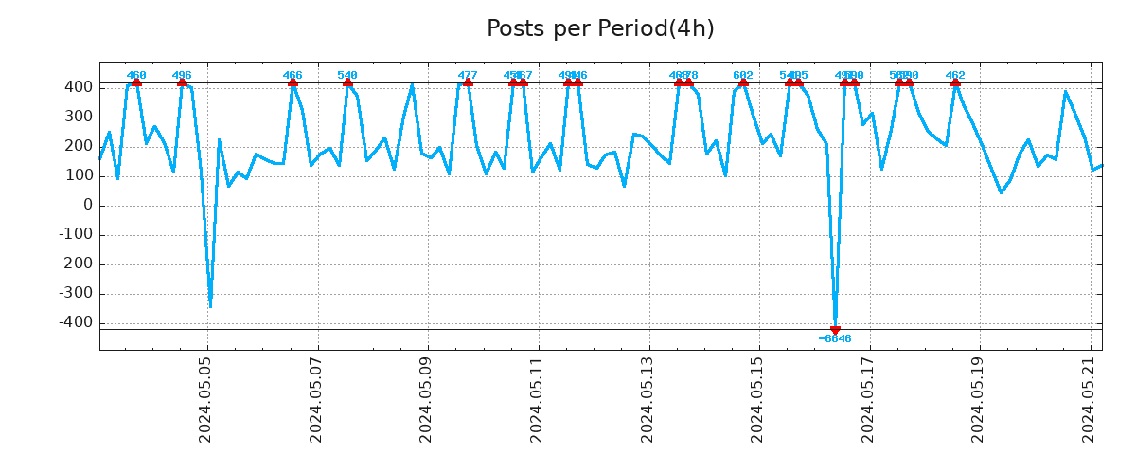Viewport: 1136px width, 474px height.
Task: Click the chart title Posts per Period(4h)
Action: coord(600,29)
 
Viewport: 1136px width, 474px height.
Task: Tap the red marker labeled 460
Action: coord(136,83)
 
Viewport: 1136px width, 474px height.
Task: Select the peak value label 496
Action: coord(182,76)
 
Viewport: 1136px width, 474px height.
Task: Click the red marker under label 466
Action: coord(293,83)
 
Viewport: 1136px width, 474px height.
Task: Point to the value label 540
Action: coord(347,76)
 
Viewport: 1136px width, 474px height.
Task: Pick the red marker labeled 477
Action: coord(468,83)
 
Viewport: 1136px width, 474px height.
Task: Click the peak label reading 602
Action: coord(743,76)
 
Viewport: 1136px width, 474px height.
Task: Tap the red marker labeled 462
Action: coord(955,83)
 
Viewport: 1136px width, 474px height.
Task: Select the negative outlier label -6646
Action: coord(835,339)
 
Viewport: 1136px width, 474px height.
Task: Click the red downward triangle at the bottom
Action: coord(835,330)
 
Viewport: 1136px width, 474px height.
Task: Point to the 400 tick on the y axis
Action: coord(80,87)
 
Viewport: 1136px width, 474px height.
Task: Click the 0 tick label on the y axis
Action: coord(88,205)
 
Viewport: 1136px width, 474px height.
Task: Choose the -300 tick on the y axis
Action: coord(76,294)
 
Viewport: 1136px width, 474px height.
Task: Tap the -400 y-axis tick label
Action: coord(76,323)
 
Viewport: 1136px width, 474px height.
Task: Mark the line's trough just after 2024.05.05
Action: coord(210,306)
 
